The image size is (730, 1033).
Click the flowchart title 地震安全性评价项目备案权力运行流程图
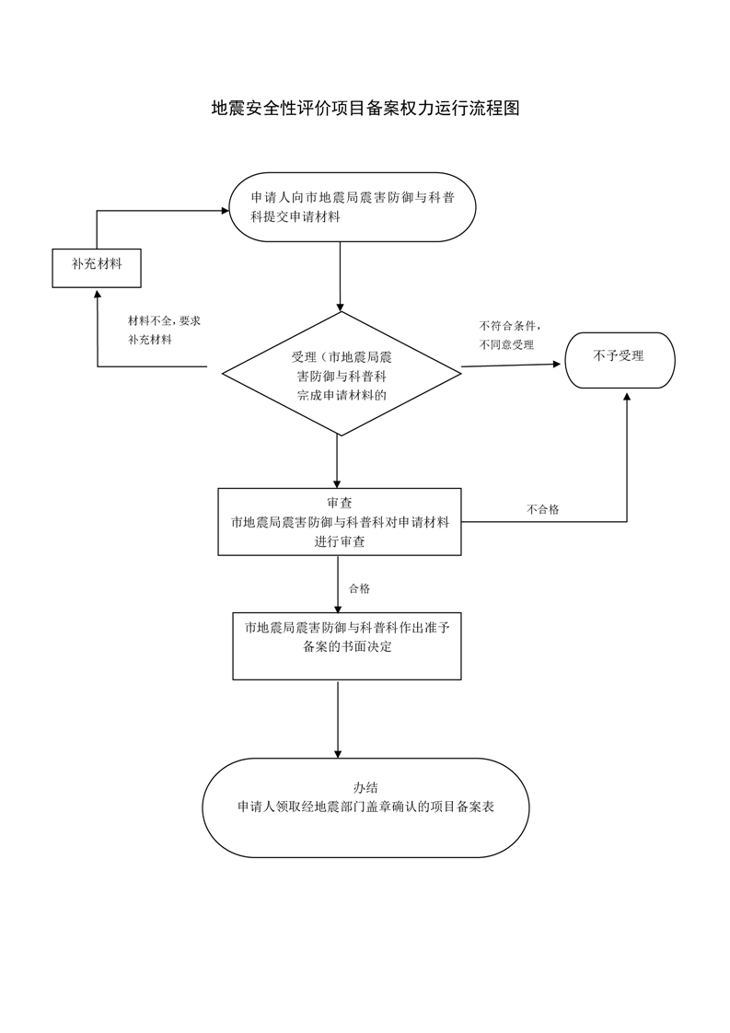click(x=365, y=109)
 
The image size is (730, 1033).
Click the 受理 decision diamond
click(x=342, y=374)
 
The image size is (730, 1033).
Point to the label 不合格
click(x=542, y=509)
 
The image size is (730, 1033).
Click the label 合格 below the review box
click(x=359, y=588)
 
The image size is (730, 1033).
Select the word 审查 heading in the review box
click(x=339, y=503)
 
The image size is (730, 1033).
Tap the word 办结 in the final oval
click(x=365, y=787)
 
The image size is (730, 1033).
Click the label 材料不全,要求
click(x=164, y=320)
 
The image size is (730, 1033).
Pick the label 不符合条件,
click(x=509, y=326)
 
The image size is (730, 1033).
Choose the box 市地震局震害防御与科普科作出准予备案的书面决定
click(x=346, y=645)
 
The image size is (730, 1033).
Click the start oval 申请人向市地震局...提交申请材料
click(x=352, y=207)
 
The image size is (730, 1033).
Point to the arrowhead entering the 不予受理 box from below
click(x=627, y=394)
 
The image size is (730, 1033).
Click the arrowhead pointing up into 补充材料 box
click(x=97, y=293)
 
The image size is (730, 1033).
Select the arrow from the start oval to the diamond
click(x=341, y=276)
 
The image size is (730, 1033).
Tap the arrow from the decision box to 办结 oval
click(x=338, y=718)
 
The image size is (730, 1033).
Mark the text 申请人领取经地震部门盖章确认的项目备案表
click(x=365, y=807)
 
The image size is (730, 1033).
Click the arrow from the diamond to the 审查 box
click(x=337, y=460)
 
